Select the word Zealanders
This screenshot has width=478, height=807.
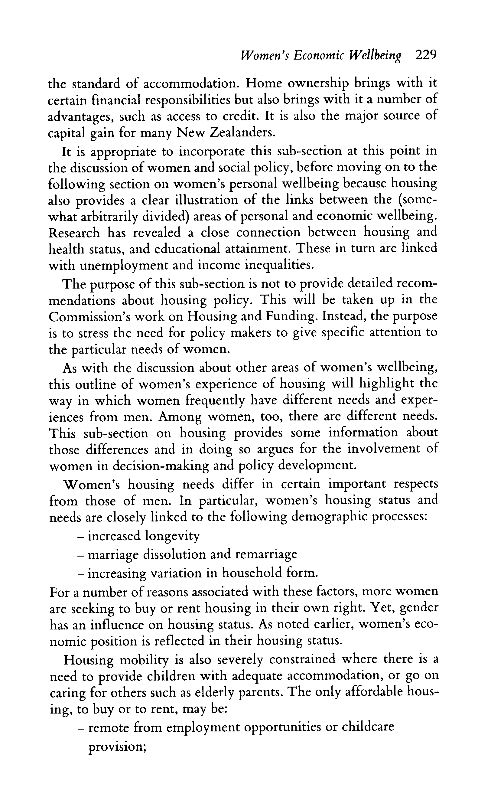click(242, 133)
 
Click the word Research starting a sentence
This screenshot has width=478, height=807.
click(74, 233)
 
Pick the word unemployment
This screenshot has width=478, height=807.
click(123, 266)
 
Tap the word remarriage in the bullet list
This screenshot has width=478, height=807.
click(266, 554)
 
